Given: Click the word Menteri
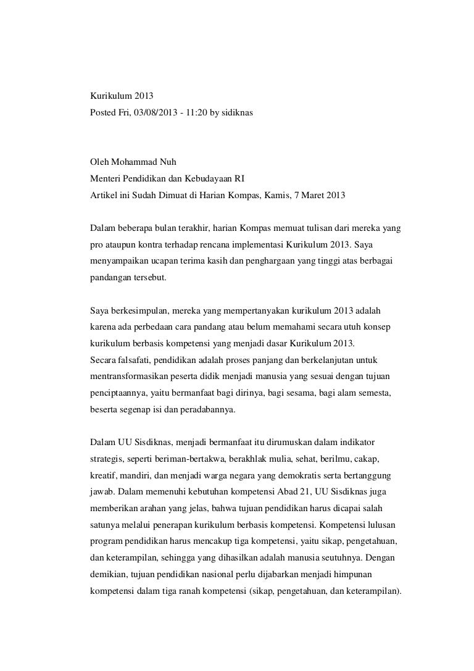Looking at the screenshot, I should click(106, 179).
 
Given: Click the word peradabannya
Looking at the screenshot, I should click(206, 407).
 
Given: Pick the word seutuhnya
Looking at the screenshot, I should click(334, 557).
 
